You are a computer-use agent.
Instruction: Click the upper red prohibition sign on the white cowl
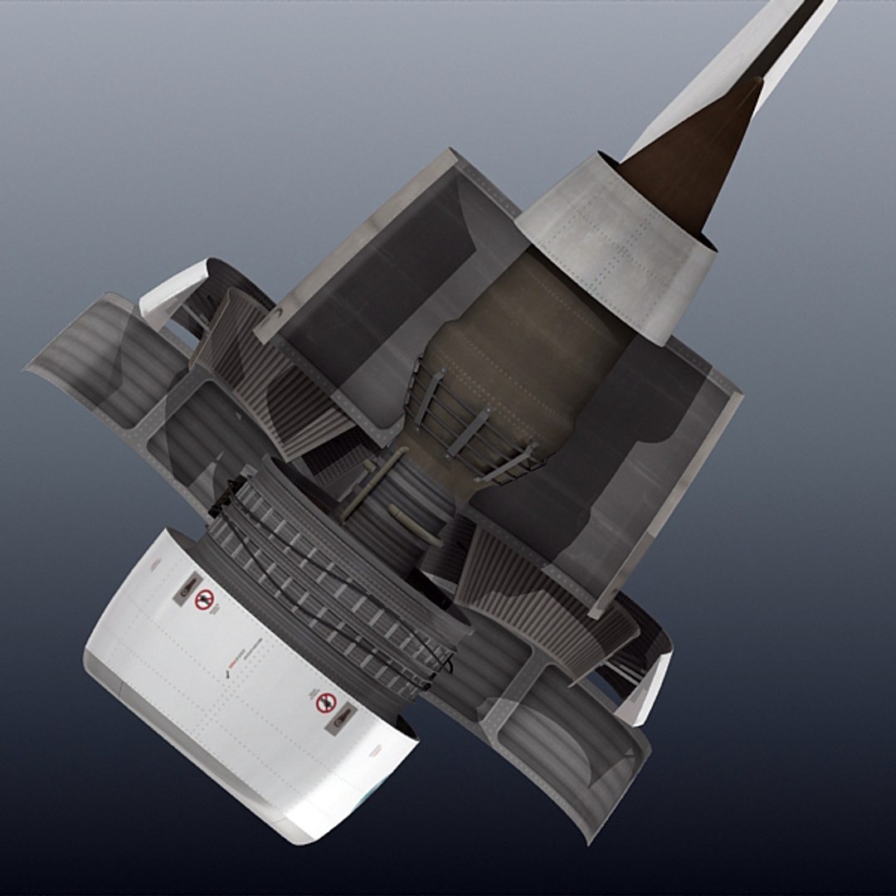204,599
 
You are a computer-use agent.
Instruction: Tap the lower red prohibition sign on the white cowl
326,703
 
